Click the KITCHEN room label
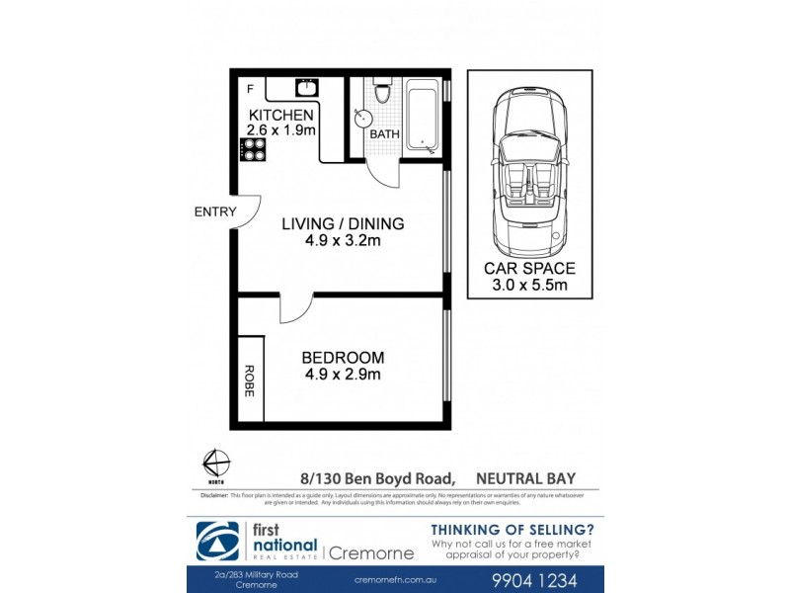pos(280,116)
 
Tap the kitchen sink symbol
pos(306,88)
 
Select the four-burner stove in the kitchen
pos(252,149)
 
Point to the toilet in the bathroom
pos(386,97)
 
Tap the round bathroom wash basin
pos(357,119)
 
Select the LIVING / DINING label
pos(343,224)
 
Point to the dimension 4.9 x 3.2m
pos(343,240)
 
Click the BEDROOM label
pos(343,357)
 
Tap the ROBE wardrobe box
pos(250,381)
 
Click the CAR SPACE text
pos(529,268)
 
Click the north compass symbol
pos(216,464)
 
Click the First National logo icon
pos(215,541)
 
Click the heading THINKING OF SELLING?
pos(513,529)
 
